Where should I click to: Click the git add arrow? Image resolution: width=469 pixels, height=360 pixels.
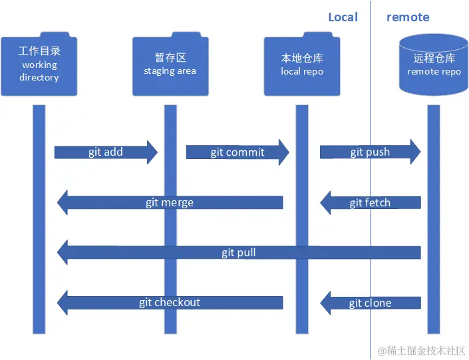coord(106,152)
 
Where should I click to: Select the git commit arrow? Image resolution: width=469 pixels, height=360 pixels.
coord(237,152)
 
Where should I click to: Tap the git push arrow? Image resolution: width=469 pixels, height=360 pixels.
coord(370,152)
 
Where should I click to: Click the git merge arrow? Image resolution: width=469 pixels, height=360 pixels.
coord(170,202)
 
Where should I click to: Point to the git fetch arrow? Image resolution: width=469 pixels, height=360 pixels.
coord(370,202)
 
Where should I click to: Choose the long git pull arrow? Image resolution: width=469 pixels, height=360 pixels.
coord(239,253)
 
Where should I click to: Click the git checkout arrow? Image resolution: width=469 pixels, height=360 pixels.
coord(170,303)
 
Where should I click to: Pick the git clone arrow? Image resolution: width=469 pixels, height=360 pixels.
coord(370,303)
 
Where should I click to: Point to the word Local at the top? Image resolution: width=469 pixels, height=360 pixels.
coord(343,17)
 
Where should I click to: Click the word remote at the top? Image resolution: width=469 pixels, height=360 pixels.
coord(408,17)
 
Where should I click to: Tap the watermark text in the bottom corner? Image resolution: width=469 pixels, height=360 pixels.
coord(422,351)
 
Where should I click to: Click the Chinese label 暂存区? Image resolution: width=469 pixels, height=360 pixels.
coord(170,58)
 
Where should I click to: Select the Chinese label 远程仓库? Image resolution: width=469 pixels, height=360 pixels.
coord(434,58)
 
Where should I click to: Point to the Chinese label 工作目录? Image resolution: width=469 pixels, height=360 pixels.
coord(39,51)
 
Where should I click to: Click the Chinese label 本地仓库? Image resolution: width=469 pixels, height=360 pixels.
coord(302,58)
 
